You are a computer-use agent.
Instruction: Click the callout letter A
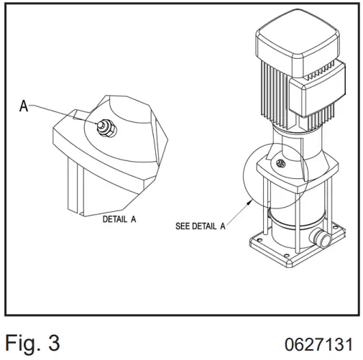point(24,106)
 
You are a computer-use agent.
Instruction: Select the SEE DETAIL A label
point(201,226)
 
